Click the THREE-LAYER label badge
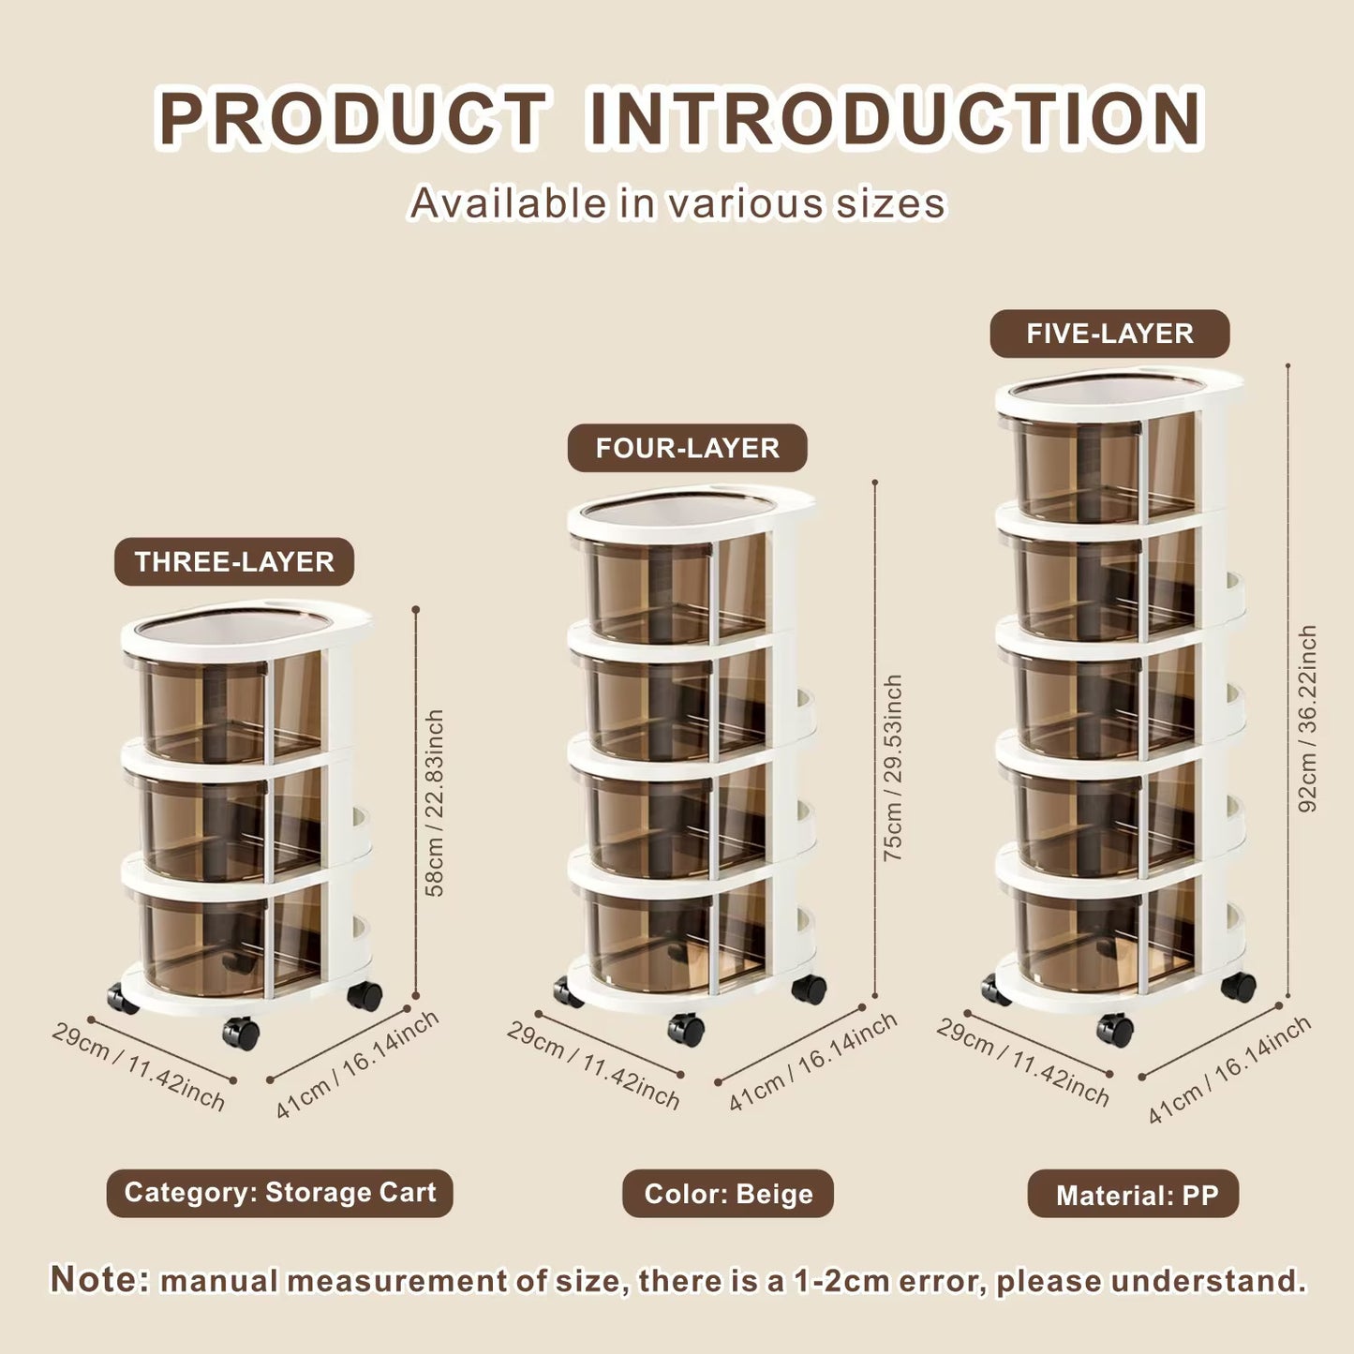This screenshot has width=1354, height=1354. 234,561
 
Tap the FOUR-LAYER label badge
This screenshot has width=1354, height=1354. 687,448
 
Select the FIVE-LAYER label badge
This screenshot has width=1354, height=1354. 1109,334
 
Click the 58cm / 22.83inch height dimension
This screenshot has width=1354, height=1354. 435,802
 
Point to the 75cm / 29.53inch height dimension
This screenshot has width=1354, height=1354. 892,768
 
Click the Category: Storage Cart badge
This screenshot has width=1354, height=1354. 279,1193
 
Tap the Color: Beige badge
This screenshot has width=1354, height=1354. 728,1193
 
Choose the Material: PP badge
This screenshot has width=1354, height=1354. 1133,1193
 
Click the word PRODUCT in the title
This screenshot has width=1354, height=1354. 352,118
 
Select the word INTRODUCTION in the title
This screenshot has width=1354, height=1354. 896,118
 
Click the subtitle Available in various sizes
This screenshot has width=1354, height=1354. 677,203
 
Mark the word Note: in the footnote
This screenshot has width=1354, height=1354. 99,1279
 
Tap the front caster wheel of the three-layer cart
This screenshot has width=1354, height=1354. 240,1033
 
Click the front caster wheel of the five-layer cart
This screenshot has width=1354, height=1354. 1115,1029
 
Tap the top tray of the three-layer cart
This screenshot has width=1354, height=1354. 246,629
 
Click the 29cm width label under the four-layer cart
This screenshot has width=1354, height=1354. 593,1065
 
